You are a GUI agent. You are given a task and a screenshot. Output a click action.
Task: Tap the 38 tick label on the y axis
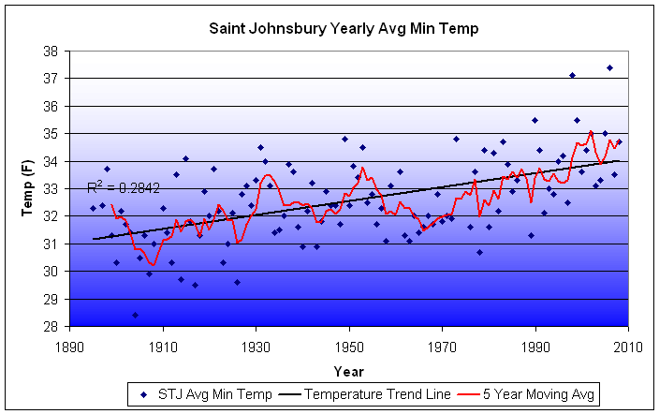57,52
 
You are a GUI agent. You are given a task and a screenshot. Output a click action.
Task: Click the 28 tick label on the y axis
57,327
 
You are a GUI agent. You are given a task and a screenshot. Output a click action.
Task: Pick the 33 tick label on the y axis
57,189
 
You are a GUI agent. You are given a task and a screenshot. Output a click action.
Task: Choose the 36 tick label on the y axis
57,107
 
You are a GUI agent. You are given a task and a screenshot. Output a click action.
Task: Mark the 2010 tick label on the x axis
628,343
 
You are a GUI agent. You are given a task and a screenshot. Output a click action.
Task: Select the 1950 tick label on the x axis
349,343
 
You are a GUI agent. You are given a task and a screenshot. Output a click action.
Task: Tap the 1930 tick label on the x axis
256,343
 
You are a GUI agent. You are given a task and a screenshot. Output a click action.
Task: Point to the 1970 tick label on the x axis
442,343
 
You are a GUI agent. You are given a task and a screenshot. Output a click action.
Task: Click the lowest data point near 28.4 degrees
135,315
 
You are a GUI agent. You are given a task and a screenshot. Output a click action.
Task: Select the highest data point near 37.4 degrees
609,67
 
